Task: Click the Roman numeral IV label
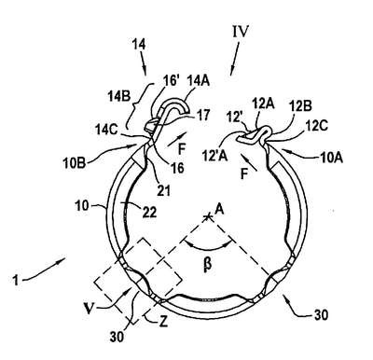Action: (x=241, y=32)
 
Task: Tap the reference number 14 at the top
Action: (x=138, y=45)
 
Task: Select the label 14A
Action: (x=198, y=81)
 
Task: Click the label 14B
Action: (x=119, y=97)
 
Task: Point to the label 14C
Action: (x=106, y=131)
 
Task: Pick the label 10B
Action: (x=75, y=163)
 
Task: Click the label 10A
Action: (x=331, y=159)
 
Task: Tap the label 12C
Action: (x=317, y=127)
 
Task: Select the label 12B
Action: (x=300, y=106)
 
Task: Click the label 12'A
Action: (x=214, y=156)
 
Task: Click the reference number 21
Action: (x=163, y=190)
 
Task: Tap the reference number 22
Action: (x=149, y=213)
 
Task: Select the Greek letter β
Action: (x=208, y=264)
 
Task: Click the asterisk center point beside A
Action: (x=207, y=216)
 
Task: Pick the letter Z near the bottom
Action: (x=163, y=322)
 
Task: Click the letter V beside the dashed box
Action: (x=89, y=310)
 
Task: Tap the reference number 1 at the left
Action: (x=16, y=280)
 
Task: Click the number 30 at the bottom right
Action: (x=321, y=315)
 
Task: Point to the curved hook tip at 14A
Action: (x=186, y=110)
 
